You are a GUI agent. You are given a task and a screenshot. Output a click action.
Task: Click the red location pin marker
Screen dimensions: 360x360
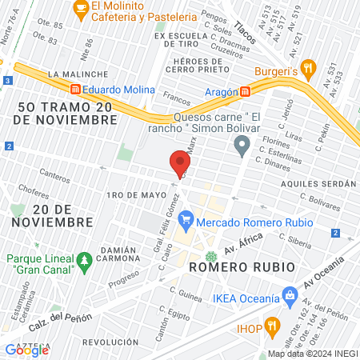[x=178, y=164]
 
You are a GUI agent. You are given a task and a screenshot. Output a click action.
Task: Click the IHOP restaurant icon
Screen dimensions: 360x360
[x=272, y=326]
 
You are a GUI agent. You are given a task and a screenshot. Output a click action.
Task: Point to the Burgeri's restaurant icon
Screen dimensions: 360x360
[x=310, y=69]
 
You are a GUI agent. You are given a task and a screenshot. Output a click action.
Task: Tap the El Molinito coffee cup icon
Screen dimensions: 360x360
[x=80, y=7]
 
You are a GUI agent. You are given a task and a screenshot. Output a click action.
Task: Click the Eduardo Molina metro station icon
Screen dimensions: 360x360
[x=76, y=90]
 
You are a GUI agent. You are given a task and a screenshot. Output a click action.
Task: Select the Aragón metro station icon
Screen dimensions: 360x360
[x=246, y=92]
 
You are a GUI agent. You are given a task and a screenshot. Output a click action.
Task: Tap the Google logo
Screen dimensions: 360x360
[x=27, y=350]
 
